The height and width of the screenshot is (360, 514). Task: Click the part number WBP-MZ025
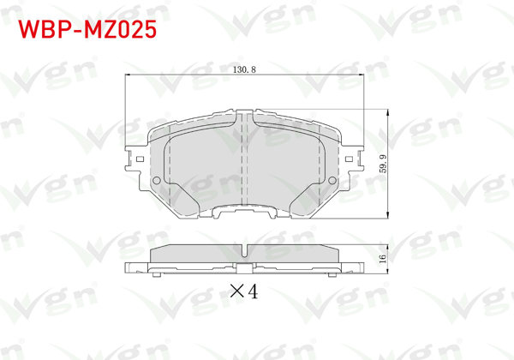pos(87,31)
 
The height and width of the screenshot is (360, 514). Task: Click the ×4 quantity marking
pos(244,291)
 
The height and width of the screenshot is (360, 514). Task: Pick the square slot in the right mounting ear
pos(351,159)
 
